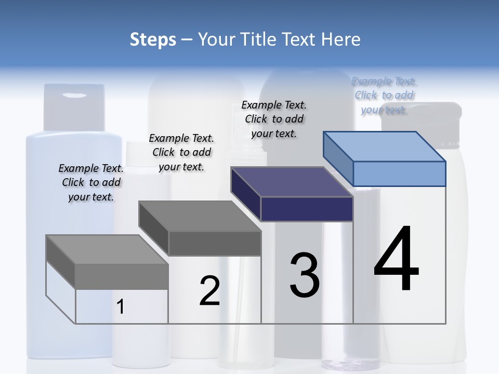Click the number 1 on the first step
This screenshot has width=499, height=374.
121,306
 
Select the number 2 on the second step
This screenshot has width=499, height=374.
209,290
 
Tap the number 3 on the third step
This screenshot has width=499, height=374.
304,275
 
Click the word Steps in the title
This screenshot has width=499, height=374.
153,39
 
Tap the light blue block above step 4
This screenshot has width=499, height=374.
385,158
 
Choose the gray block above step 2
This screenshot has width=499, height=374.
200,229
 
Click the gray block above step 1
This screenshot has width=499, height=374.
107,262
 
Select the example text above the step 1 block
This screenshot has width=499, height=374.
91,182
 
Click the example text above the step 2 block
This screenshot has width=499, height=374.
181,152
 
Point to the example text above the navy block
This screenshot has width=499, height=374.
274,119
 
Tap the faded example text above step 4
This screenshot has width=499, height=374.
384,95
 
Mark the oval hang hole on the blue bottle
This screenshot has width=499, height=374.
76,95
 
